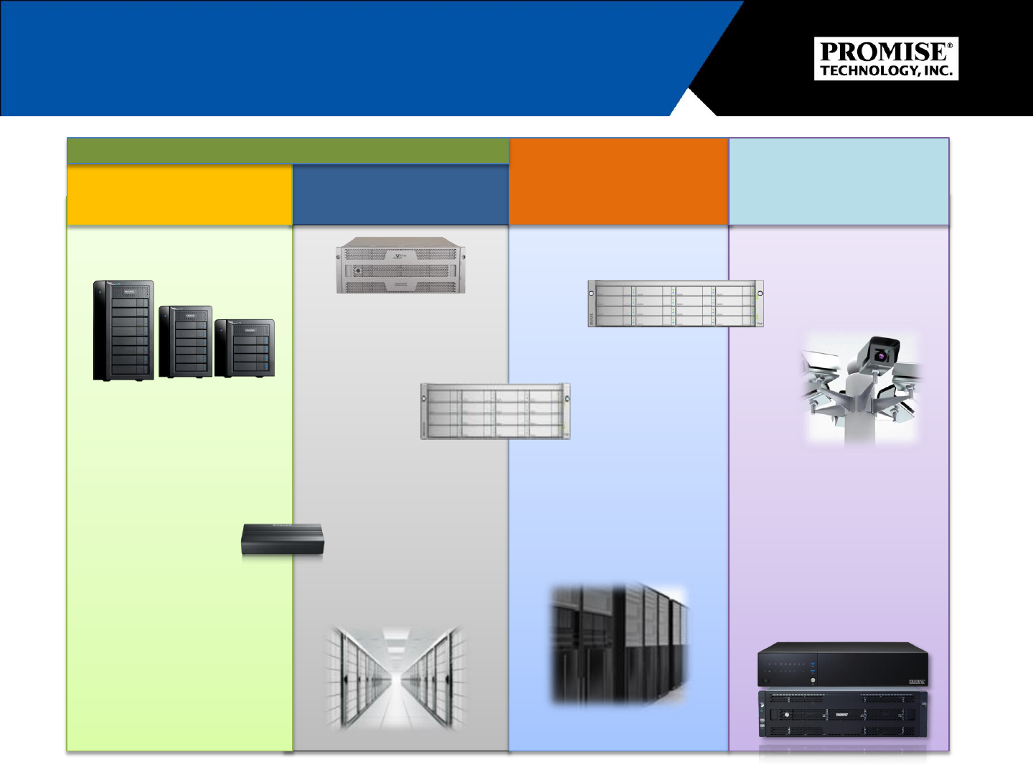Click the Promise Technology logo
click(x=886, y=59)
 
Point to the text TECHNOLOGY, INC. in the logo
click(x=886, y=70)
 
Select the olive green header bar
click(x=288, y=151)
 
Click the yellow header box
click(x=179, y=195)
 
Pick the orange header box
click(x=618, y=182)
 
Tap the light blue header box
click(x=839, y=182)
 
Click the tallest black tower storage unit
click(x=123, y=330)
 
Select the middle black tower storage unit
click(x=185, y=342)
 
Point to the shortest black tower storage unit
click(x=245, y=348)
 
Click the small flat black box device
click(x=282, y=540)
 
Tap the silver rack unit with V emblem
click(x=400, y=266)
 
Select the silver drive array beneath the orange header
click(x=675, y=304)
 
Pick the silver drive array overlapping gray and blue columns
click(x=495, y=411)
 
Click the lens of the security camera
click(x=879, y=354)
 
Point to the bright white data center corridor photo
click(x=395, y=678)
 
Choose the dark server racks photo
click(x=618, y=644)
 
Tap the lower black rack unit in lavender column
click(x=843, y=714)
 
